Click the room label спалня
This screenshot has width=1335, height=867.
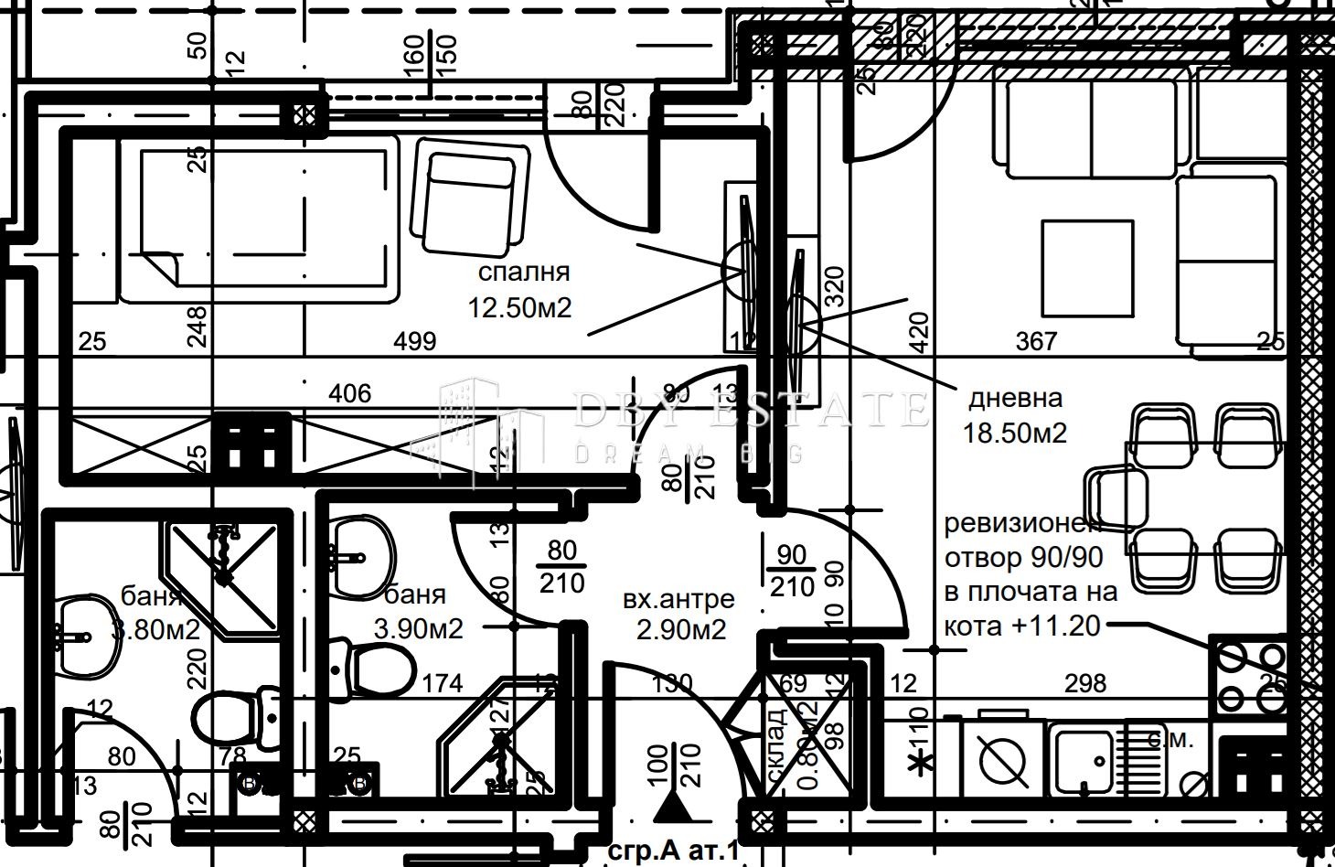(x=524, y=273)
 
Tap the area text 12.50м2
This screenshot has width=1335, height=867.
(x=519, y=308)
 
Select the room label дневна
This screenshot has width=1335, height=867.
(x=1015, y=399)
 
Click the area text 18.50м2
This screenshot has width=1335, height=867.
(x=1015, y=433)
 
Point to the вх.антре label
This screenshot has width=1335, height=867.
(x=678, y=599)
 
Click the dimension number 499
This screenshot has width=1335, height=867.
(x=415, y=342)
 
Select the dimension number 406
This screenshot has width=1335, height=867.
(x=349, y=393)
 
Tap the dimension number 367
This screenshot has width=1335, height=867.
(x=1036, y=342)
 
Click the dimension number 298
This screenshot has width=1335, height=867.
(x=1085, y=683)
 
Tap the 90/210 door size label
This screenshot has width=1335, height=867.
(x=791, y=571)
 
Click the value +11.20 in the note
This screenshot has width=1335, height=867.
(x=1061, y=625)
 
